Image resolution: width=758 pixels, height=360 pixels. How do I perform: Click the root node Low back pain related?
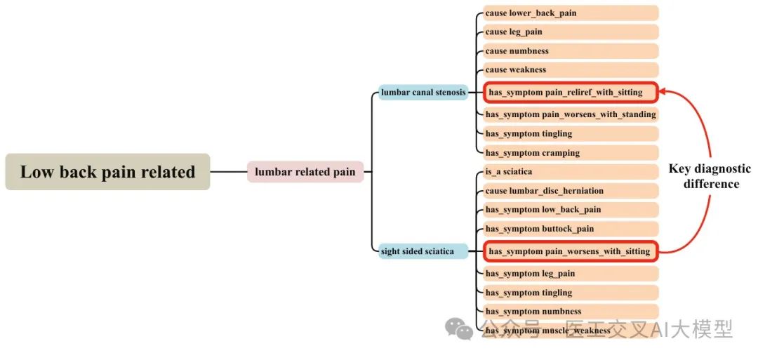107,172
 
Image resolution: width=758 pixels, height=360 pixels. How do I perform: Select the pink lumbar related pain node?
305,172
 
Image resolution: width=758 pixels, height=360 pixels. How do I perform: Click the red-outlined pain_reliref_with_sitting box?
570,92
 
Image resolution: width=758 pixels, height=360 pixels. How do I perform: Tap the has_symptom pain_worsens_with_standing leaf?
571,114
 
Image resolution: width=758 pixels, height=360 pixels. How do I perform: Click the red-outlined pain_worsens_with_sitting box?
570,251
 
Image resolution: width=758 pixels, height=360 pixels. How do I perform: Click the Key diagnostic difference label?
709,176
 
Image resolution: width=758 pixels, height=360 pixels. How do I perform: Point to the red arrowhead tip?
660,91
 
